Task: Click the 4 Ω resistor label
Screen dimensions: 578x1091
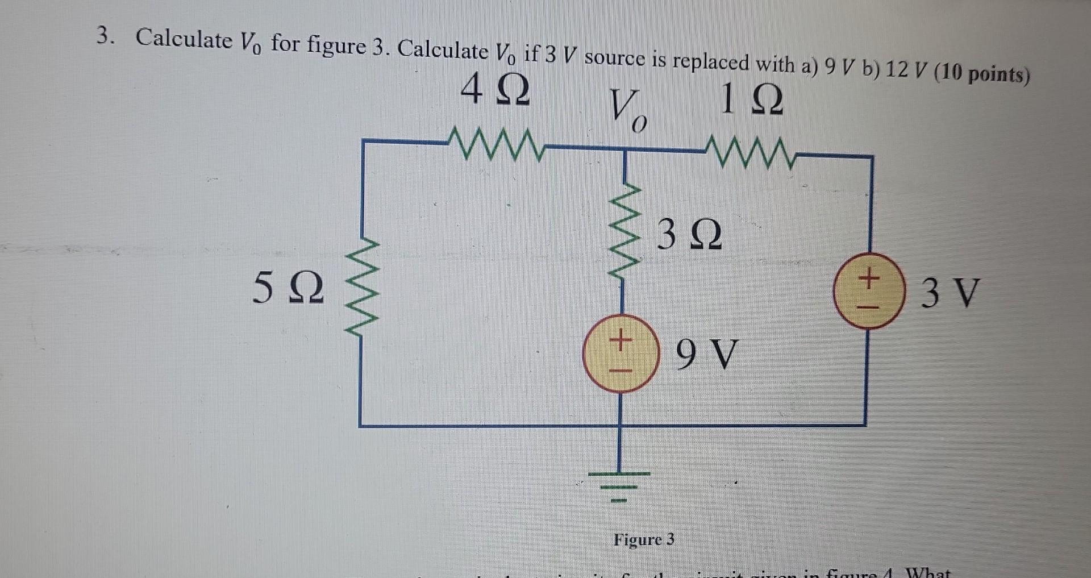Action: [495, 91]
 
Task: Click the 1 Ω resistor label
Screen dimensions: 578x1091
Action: [751, 100]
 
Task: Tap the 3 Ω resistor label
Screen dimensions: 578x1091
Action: [689, 235]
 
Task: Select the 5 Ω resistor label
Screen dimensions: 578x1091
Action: [288, 288]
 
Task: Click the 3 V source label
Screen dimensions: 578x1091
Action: [950, 293]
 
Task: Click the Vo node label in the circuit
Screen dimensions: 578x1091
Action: [627, 111]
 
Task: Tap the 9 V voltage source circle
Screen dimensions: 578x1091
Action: [621, 354]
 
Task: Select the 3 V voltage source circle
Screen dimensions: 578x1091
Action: [868, 291]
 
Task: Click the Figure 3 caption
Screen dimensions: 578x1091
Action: [643, 539]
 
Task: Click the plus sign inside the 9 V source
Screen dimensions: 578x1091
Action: [621, 341]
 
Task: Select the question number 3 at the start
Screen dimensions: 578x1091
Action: [104, 36]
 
